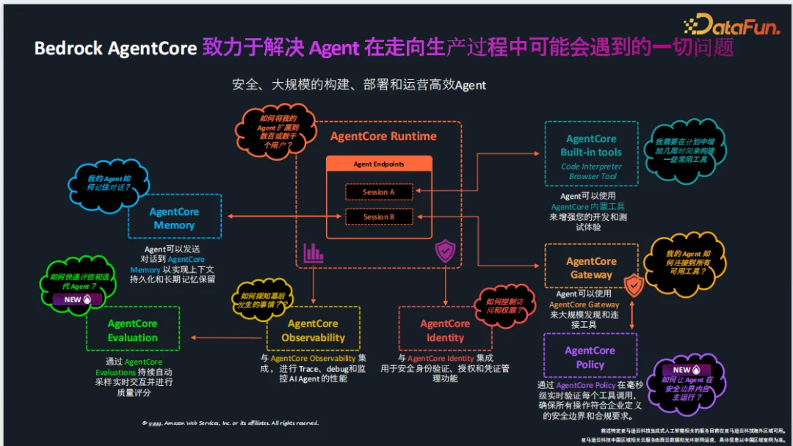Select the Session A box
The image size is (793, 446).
(x=379, y=192)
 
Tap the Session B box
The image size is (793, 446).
(x=379, y=217)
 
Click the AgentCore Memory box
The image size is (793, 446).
(x=174, y=218)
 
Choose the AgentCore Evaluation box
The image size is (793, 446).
(x=132, y=330)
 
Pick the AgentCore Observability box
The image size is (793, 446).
(x=313, y=330)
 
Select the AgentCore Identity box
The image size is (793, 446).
(x=445, y=330)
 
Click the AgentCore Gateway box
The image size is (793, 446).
(x=591, y=268)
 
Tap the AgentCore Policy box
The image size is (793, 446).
(x=590, y=357)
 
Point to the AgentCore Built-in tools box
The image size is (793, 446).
(x=591, y=154)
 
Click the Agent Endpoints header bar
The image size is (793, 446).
(x=379, y=164)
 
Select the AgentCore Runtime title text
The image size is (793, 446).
(x=383, y=136)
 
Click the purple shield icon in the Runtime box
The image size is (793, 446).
(x=446, y=252)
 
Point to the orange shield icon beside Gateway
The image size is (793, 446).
(x=633, y=285)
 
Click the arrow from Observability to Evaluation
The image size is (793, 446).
(x=228, y=337)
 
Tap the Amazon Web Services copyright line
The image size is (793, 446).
(x=231, y=423)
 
